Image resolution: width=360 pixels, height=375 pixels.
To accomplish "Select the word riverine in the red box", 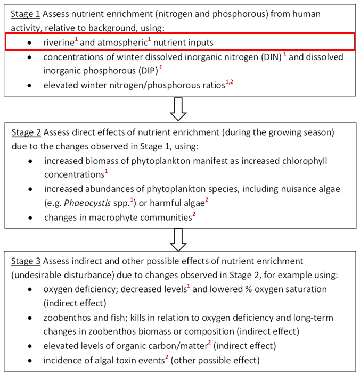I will [60, 41].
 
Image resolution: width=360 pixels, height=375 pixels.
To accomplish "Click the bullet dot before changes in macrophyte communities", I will [30, 218].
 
